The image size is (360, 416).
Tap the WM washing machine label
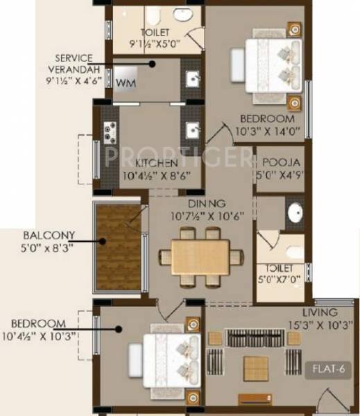coord(126,83)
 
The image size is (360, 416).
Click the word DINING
coord(206,203)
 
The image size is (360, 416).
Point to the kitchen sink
coord(191,129)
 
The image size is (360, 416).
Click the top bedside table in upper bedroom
coord(295,30)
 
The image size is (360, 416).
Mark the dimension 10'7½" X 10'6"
coord(206,215)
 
